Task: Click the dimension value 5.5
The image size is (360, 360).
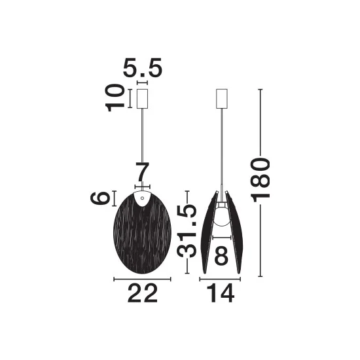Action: click(143, 67)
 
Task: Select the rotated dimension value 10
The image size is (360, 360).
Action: click(115, 98)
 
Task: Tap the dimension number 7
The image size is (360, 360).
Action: click(142, 172)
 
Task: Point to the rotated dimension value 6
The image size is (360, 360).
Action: click(100, 198)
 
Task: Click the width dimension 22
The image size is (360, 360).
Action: click(143, 293)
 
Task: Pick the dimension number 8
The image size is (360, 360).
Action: click(221, 255)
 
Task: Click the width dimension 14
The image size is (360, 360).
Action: click(221, 293)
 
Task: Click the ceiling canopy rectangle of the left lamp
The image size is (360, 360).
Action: click(142, 99)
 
